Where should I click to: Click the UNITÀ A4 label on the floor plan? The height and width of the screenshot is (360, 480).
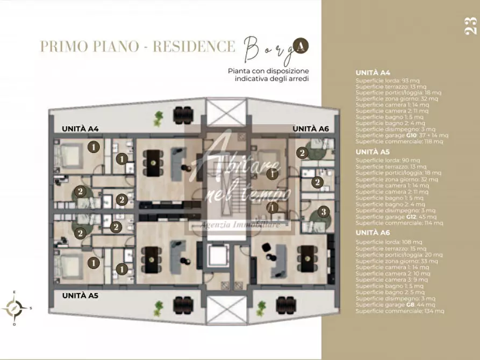83,129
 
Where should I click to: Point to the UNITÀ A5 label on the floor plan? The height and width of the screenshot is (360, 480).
83,296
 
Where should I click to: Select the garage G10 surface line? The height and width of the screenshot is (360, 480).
399,136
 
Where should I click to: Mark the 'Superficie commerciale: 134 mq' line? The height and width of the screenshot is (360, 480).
399,311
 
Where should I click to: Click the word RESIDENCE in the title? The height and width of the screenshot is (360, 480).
194,46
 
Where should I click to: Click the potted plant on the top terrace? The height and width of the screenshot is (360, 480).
159,118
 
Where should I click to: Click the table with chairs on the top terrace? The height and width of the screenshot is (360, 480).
183,114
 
